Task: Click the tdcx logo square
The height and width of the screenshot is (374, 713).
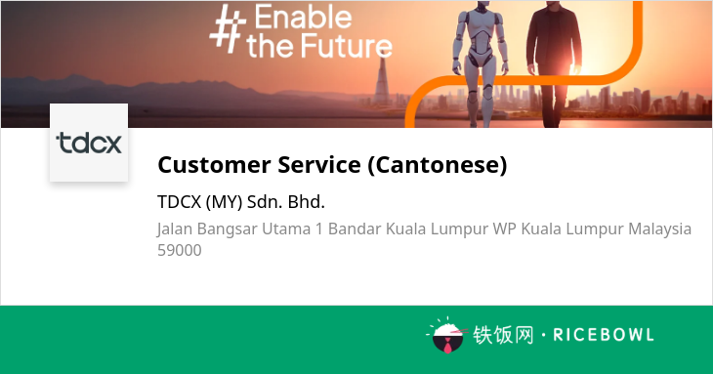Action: point(89,143)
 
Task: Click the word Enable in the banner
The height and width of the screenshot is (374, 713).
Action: point(303,18)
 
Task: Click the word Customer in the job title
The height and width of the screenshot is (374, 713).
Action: point(214,164)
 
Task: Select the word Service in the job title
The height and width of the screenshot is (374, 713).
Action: point(319,164)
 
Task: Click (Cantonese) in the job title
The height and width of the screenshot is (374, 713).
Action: point(437,164)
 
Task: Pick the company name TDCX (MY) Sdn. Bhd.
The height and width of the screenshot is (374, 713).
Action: point(241,202)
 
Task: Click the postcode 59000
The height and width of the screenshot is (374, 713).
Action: point(179,250)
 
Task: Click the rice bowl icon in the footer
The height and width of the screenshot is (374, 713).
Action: point(447,336)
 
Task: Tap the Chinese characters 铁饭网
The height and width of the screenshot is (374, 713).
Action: point(503,335)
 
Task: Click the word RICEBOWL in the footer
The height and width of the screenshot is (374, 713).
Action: point(604,335)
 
